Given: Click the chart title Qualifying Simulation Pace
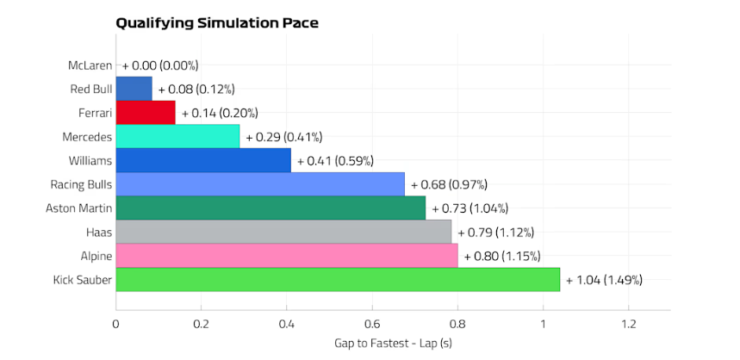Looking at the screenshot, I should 217,23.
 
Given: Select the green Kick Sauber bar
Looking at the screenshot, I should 338,280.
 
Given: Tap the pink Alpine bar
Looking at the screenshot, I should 287,256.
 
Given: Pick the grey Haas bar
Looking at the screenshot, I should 283,232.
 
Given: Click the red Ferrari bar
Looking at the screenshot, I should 146,113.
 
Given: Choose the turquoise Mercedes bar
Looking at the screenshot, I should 177,137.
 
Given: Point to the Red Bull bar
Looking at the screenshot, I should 134,89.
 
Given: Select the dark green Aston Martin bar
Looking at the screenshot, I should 271,208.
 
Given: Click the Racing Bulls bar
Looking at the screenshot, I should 260,184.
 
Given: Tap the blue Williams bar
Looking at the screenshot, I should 203,160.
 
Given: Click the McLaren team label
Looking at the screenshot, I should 90,65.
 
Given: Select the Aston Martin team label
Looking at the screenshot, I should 78,208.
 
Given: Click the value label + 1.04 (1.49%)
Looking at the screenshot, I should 604,280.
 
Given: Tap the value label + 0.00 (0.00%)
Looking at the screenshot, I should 160,65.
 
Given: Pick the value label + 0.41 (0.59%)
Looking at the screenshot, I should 334,160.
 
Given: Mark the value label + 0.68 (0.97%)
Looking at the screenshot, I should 449,184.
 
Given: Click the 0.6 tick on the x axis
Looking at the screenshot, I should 372,324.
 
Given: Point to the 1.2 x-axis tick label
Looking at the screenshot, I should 628,324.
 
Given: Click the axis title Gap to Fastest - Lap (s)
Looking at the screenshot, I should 393,344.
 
